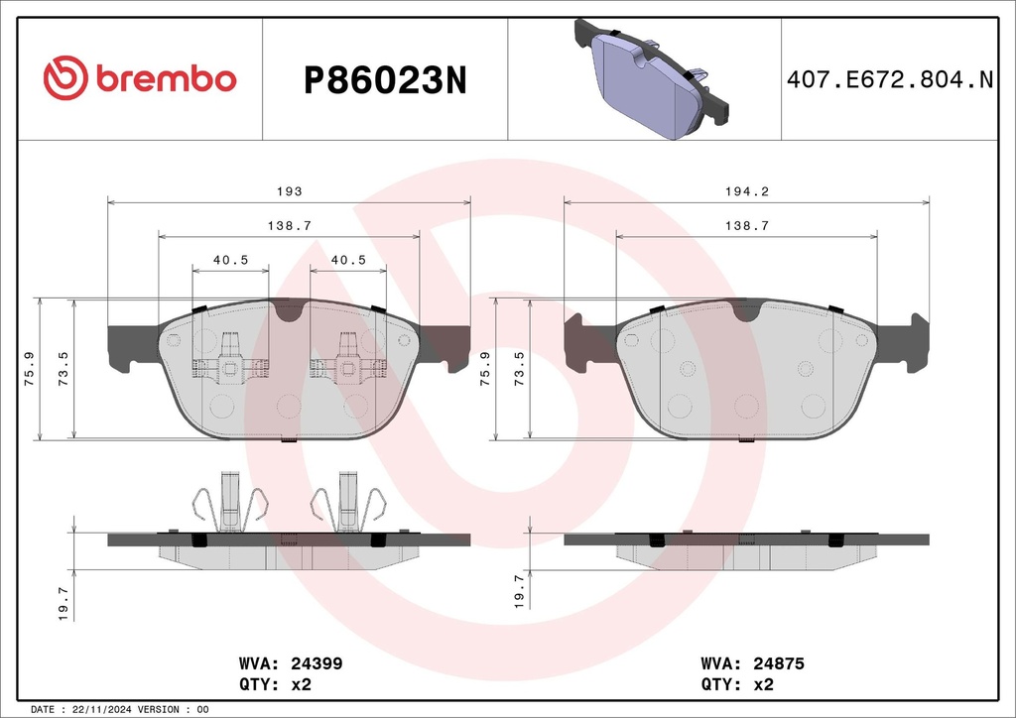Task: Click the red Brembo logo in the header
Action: coord(140,78)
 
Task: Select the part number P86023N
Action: coord(385,81)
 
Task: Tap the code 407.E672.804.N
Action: coord(890,79)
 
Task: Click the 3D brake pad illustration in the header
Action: coord(651,78)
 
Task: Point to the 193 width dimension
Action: coord(289,191)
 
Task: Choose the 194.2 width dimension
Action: coord(746,191)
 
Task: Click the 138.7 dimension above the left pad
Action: coord(289,225)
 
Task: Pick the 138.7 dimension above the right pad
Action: coord(746,225)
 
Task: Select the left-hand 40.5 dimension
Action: coord(230,260)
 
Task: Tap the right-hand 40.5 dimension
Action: coord(348,260)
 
